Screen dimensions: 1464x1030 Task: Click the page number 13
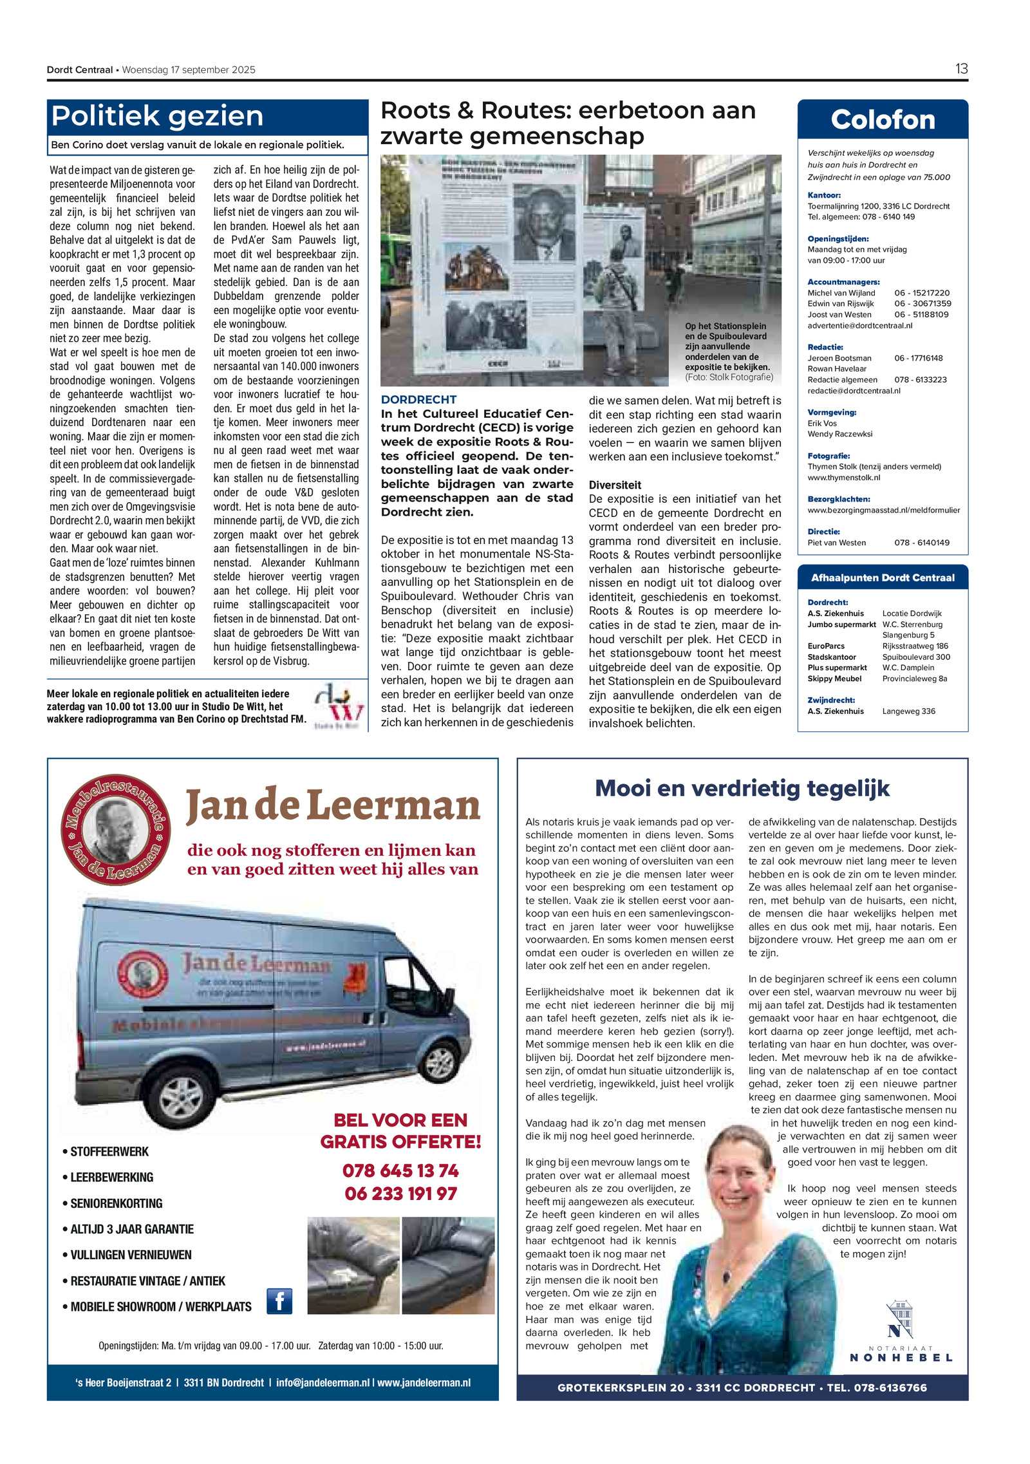pos(960,69)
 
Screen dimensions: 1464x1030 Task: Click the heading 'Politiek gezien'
pos(157,117)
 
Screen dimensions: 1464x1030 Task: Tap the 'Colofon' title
pos(882,120)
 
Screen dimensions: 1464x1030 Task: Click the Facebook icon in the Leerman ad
pos(279,1301)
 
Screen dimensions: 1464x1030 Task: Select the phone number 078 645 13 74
pos(400,1170)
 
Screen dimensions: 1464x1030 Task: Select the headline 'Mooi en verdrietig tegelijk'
pos(742,788)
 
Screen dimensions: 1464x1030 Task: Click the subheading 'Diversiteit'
pos(615,485)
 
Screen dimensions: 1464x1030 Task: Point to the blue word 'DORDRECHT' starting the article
pos(418,400)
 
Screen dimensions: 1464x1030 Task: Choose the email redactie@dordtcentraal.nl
pos(854,391)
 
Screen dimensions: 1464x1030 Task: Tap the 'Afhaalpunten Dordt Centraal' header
pos(882,578)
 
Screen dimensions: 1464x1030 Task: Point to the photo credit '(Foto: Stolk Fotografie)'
pos(729,377)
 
